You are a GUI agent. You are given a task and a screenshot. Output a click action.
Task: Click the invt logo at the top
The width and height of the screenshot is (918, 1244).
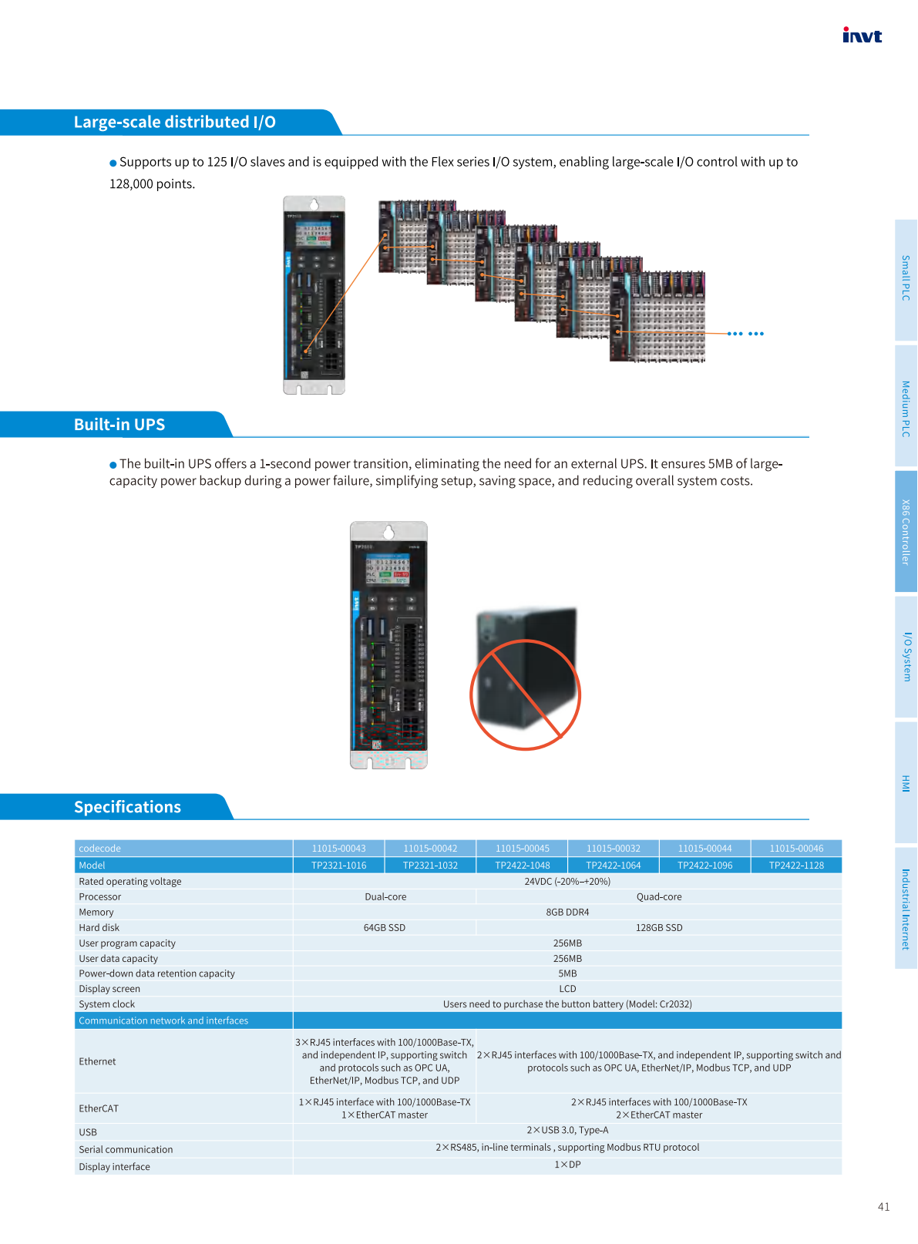[862, 35]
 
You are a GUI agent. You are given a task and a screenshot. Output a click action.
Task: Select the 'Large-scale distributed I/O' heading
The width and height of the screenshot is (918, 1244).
[174, 122]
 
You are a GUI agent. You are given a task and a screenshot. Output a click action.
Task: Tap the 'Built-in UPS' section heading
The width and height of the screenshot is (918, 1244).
[119, 425]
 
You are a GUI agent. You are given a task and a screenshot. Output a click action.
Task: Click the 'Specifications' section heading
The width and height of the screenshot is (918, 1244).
[127, 807]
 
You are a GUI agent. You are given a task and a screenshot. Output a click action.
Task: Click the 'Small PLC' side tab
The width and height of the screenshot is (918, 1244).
[906, 278]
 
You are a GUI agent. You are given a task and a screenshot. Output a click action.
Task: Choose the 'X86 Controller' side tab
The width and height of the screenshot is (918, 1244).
[906, 532]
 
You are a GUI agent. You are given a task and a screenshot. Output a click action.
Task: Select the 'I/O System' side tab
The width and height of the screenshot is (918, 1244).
[906, 657]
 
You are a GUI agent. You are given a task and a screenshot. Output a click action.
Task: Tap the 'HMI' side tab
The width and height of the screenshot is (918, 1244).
[906, 783]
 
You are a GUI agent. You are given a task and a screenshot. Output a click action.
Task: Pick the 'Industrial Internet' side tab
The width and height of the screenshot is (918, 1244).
[906, 909]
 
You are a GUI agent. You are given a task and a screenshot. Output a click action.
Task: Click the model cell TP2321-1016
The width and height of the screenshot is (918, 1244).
[338, 866]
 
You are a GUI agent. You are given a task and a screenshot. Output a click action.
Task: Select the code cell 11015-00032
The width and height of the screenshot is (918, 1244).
[614, 849]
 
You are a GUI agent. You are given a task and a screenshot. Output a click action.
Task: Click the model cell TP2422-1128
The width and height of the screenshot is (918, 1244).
[796, 866]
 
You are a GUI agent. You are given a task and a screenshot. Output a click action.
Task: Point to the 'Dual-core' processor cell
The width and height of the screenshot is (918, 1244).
[385, 897]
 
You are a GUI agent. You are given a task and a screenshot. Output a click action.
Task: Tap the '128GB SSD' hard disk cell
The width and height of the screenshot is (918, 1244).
[659, 928]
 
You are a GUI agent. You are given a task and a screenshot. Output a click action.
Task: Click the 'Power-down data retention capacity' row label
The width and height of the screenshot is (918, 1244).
[156, 973]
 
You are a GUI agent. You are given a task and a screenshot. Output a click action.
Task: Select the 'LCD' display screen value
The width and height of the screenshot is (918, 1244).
[567, 989]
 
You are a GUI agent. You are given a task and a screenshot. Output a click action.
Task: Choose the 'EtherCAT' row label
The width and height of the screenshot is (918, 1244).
[99, 1108]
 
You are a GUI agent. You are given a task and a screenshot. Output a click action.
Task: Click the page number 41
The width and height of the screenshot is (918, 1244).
[883, 1207]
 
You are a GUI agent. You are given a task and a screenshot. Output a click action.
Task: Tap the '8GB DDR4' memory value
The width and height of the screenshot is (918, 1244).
[567, 913]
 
